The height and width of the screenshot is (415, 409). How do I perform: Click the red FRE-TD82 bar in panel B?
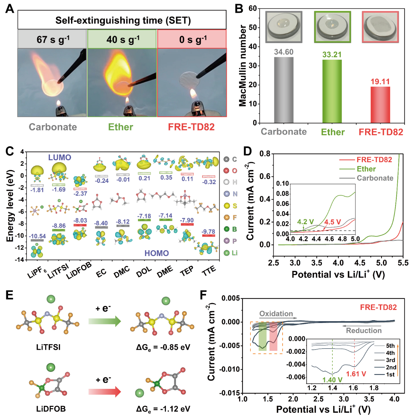coord(380,104)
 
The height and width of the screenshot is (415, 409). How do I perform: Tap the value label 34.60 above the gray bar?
coord(283,52)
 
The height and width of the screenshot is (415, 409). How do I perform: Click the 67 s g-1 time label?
coord(53,39)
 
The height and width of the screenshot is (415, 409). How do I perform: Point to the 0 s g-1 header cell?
coord(192,39)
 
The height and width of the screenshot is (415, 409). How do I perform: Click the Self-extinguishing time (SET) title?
coord(123,20)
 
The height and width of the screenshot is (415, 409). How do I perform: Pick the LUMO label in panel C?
coord(59,157)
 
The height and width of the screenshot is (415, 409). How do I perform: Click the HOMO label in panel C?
coord(157,253)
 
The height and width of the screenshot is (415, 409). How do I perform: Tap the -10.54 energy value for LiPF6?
coord(37,236)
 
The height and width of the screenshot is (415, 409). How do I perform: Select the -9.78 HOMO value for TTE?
coord(208,232)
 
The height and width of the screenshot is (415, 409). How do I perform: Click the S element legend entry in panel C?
coord(231,206)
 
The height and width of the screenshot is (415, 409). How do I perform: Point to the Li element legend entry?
coord(231,253)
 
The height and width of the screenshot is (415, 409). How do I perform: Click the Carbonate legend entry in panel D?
coord(374,178)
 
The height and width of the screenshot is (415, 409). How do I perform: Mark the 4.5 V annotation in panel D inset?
coord(332,222)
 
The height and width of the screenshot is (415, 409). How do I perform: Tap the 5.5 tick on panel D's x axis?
coord(403,263)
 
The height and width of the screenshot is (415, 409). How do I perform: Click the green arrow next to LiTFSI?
coord(104,321)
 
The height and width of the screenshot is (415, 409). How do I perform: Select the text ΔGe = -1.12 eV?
coord(163,409)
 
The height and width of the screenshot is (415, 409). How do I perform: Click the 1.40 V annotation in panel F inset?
coord(332,380)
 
